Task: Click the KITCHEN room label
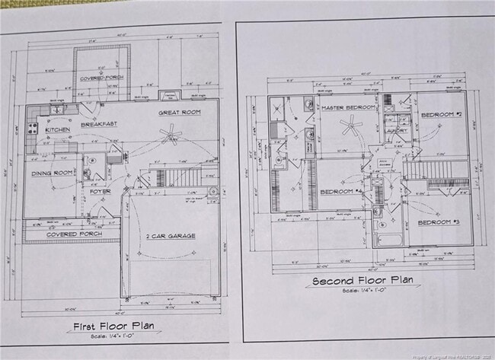click(58, 130)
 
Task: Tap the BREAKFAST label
click(98, 124)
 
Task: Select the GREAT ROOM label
click(179, 113)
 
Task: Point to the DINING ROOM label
click(53, 173)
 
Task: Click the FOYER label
click(101, 191)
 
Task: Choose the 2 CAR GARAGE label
click(171, 236)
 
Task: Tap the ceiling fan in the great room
click(170, 134)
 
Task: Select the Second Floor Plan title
click(363, 280)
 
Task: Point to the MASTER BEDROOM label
click(348, 108)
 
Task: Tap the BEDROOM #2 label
click(442, 114)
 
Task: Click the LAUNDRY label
click(397, 130)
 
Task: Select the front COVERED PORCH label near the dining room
click(73, 234)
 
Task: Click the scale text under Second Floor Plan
click(363, 291)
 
